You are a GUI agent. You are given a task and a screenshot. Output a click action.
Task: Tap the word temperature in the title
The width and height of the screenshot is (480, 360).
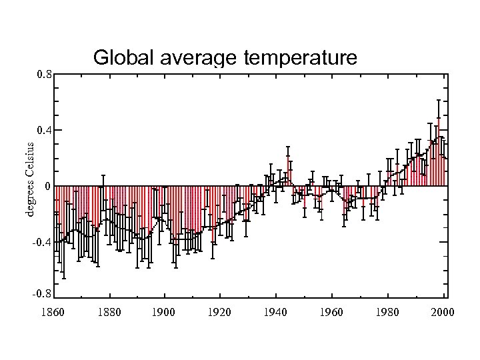click(301, 59)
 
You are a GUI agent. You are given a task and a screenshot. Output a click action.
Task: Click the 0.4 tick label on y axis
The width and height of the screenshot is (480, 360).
click(45, 129)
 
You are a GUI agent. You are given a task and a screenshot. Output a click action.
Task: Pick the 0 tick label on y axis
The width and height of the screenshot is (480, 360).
click(47, 186)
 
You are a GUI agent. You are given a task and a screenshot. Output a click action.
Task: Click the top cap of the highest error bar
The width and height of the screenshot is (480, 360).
click(438, 100)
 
